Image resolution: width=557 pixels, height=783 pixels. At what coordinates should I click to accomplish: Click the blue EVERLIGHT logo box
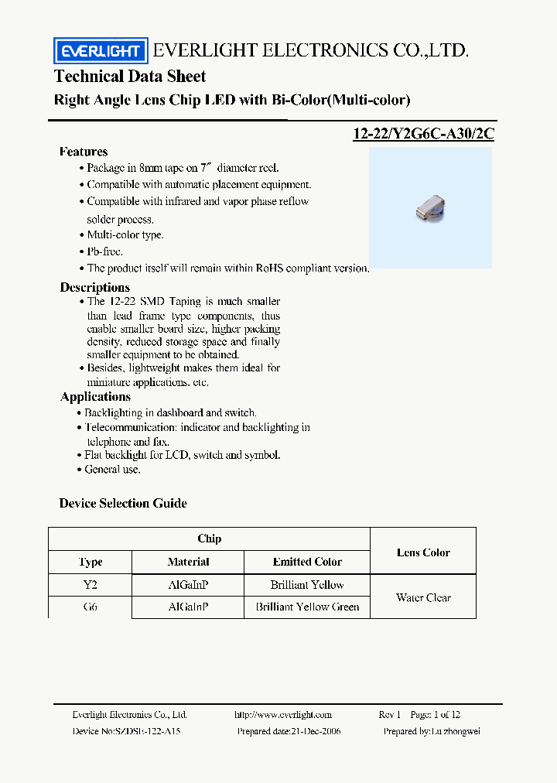[x=99, y=51]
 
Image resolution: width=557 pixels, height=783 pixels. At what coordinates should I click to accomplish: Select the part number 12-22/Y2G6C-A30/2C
[x=423, y=133]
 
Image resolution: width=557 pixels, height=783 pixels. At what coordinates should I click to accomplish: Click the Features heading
[x=84, y=152]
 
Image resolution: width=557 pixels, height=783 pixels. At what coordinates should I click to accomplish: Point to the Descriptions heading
[x=95, y=287]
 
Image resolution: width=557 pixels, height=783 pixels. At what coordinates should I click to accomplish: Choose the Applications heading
[x=95, y=397]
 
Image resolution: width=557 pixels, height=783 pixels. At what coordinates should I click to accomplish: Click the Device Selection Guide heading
[x=123, y=504]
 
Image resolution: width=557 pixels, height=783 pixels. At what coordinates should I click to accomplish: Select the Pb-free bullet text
[x=104, y=251]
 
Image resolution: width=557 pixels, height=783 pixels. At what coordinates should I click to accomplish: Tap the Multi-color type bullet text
[x=125, y=234]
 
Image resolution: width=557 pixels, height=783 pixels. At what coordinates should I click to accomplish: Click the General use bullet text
[x=112, y=470]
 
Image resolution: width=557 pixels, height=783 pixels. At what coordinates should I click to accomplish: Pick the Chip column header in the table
[x=209, y=539]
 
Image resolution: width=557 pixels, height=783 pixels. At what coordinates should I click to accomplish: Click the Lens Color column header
[x=423, y=552]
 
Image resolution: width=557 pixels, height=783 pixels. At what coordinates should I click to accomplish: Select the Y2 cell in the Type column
[x=90, y=585]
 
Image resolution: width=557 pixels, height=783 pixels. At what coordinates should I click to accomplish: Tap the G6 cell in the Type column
[x=90, y=607]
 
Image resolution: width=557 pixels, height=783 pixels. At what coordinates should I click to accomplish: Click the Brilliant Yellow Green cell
[x=307, y=607]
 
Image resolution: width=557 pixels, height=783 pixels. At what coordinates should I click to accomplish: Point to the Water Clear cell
[x=423, y=597]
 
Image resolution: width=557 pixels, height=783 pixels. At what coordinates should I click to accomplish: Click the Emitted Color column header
[x=307, y=562]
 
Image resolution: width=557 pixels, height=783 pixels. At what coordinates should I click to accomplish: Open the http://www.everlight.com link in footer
[x=282, y=715]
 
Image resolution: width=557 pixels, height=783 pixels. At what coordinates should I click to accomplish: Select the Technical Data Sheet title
[x=130, y=76]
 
